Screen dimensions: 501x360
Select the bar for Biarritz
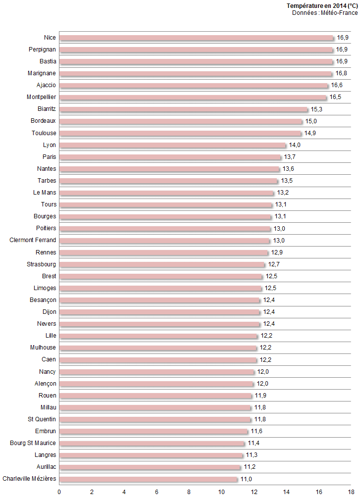[x=184, y=109]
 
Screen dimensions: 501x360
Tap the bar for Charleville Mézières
[x=149, y=479]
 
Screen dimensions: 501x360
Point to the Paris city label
[x=50, y=157]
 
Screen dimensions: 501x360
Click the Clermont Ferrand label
[x=33, y=240]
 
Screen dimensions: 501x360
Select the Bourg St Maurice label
[x=33, y=443]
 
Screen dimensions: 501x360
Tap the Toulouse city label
[x=44, y=133]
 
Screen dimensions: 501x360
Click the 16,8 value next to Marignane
[x=341, y=73]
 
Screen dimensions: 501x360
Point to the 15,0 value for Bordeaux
[x=311, y=121]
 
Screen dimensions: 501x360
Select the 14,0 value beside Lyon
[x=295, y=145]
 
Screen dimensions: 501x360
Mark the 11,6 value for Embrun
[x=257, y=431]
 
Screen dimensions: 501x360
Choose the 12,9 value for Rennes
[x=277, y=252]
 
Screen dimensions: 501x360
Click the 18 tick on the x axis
[x=351, y=492]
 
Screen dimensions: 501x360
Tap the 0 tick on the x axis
[x=59, y=492]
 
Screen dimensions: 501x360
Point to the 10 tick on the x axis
[x=221, y=492]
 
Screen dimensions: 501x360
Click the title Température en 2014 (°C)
[x=322, y=5]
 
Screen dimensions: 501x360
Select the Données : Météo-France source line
[x=325, y=12]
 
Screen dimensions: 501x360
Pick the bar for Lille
[x=158, y=336]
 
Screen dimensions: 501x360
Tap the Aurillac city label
[x=46, y=467]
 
